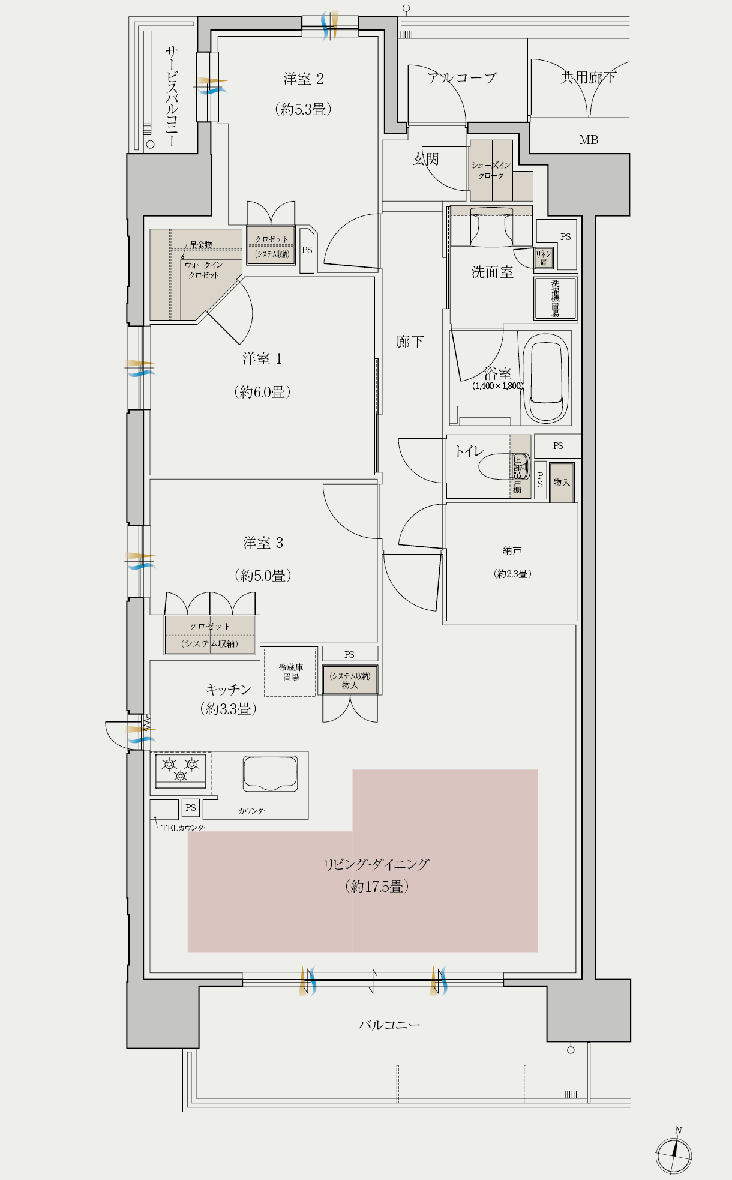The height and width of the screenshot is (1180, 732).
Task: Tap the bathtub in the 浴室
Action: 546,379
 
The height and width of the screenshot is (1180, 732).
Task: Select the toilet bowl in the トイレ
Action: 504,467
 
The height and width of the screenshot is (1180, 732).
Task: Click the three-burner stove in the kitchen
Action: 180,771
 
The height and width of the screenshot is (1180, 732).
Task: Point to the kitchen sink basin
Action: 271,774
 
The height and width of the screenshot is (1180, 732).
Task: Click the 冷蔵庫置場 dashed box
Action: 290,672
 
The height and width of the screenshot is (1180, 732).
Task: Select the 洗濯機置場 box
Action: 555,298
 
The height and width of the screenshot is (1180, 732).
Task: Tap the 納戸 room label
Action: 512,550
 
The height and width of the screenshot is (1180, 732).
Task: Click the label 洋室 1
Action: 262,359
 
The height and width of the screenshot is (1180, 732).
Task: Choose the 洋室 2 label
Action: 304,79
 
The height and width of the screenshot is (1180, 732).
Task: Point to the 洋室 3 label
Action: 263,543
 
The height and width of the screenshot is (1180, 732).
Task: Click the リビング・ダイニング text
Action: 377,864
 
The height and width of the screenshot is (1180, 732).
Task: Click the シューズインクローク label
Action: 491,170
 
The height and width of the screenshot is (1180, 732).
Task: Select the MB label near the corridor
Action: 589,140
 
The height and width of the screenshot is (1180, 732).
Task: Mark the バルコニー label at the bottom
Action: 389,1025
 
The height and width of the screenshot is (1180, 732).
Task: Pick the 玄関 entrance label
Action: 425,159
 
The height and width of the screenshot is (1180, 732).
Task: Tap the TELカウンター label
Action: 186,828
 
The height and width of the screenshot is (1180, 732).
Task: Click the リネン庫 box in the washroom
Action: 544,258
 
